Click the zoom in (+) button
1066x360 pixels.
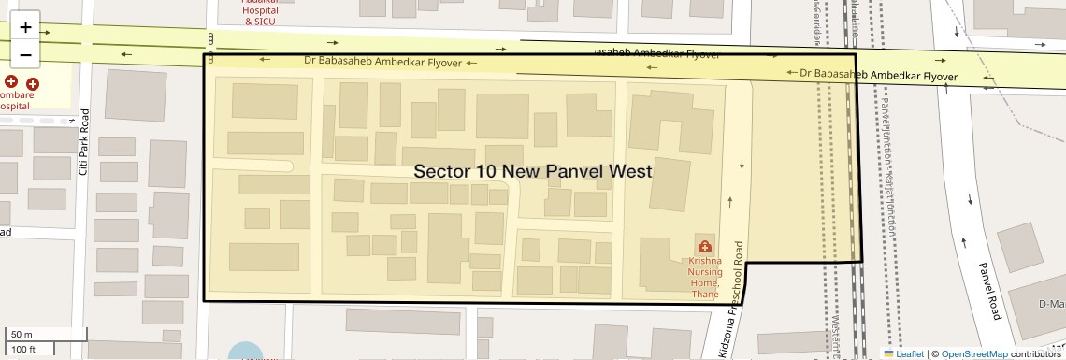point(25,27)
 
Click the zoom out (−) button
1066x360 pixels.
point(25,54)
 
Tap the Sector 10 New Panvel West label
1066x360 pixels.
point(532,172)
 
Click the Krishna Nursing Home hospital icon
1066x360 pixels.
point(704,247)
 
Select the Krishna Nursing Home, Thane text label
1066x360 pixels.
point(704,278)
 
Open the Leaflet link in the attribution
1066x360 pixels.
point(910,354)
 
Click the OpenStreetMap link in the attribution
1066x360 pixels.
point(974,354)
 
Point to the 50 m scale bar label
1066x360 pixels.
point(22,334)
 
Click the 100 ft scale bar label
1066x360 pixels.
point(24,349)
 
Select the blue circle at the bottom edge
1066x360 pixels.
point(245,353)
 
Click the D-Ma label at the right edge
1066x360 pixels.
point(1051,304)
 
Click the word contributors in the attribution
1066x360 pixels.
point(1038,354)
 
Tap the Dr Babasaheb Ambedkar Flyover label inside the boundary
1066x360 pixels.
point(383,61)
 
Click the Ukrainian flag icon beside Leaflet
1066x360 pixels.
point(888,354)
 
